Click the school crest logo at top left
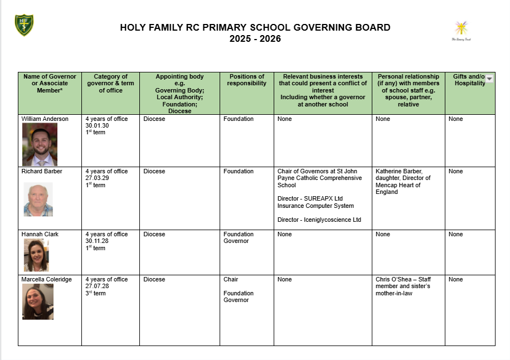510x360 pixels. click(x=24, y=25)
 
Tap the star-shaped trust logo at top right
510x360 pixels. click(x=461, y=28)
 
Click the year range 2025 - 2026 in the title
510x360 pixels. click(x=255, y=39)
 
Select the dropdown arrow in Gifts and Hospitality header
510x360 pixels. click(x=489, y=79)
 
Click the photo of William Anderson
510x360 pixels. click(x=40, y=144)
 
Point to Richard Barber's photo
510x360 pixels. click(x=38, y=199)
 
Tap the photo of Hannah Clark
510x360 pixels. click(x=36, y=255)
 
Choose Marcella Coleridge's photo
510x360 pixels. click(x=38, y=301)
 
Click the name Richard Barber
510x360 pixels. click(x=42, y=172)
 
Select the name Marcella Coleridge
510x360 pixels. click(x=46, y=280)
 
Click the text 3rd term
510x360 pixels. click(x=95, y=293)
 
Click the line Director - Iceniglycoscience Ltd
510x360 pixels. click(x=319, y=220)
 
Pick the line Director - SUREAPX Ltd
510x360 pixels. click(x=310, y=198)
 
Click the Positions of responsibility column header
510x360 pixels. click(x=246, y=80)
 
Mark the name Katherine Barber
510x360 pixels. click(x=398, y=172)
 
